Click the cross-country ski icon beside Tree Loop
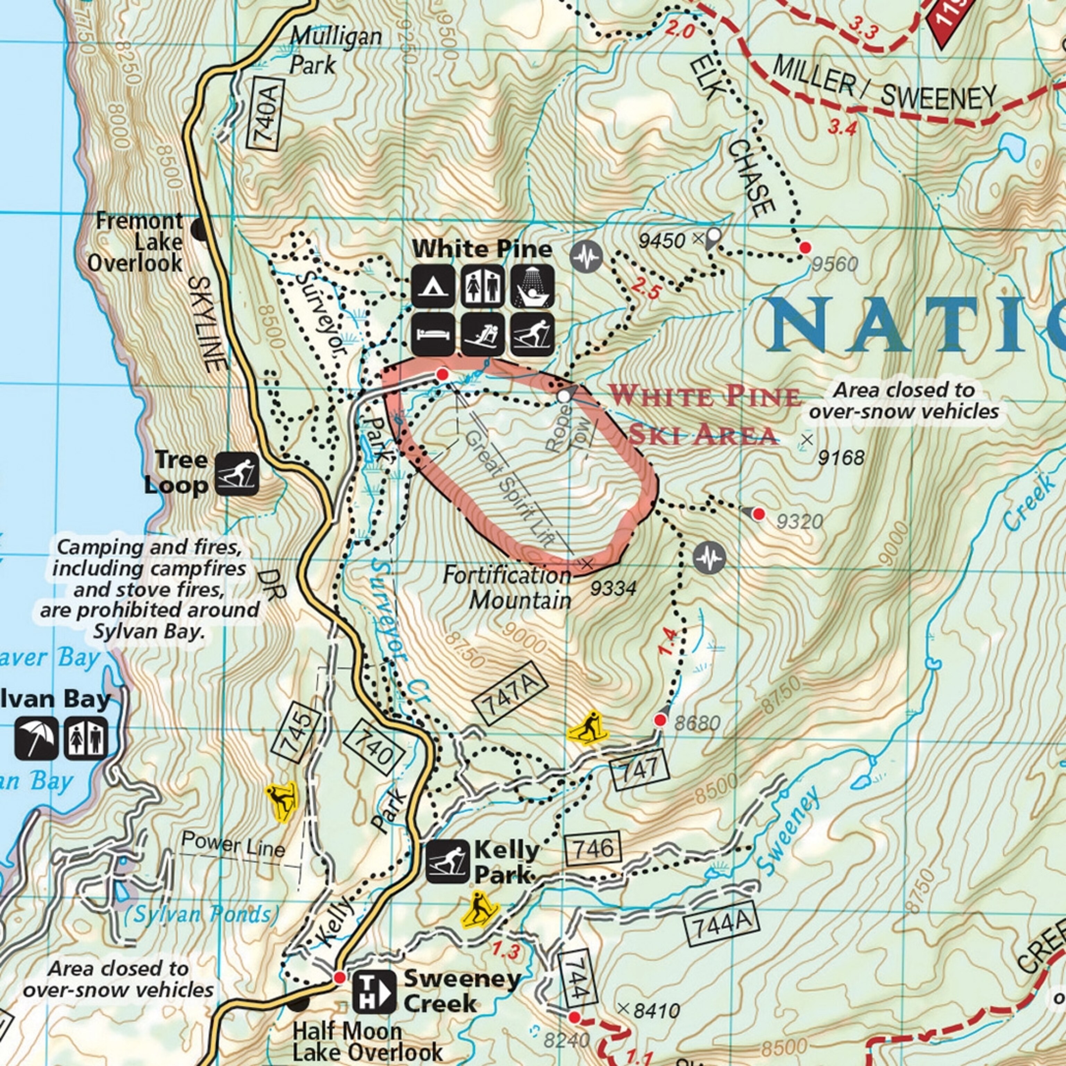point(237,473)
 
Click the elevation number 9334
point(613,589)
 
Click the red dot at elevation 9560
point(805,248)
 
